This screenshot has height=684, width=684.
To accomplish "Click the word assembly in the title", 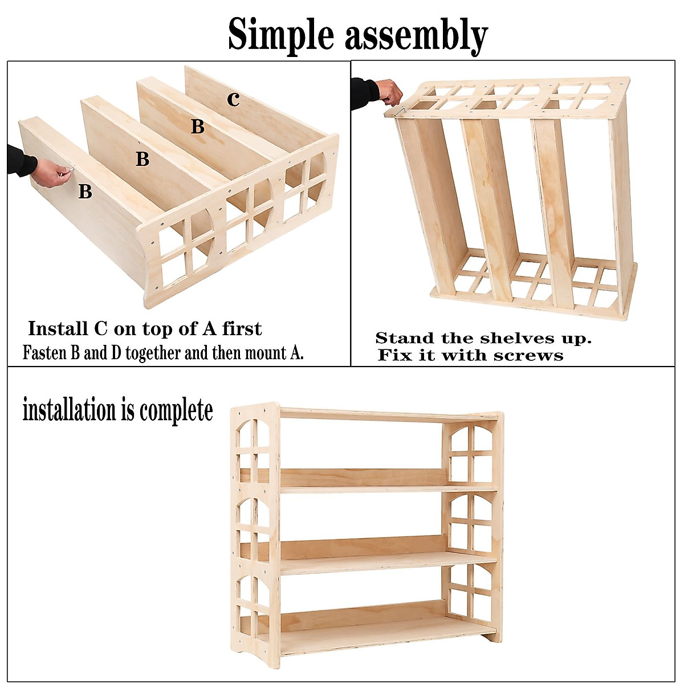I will pyautogui.click(x=416, y=35).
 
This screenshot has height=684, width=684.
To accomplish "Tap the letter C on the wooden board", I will pyautogui.click(x=233, y=99).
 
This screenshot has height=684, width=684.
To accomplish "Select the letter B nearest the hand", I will pyautogui.click(x=85, y=192).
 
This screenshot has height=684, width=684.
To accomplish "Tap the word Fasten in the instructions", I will pyautogui.click(x=45, y=353).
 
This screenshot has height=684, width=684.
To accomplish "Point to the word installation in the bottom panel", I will pyautogui.click(x=68, y=410).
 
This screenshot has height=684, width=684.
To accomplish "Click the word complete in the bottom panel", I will pyautogui.click(x=176, y=410).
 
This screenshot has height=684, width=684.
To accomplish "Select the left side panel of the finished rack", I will pyautogui.click(x=255, y=536).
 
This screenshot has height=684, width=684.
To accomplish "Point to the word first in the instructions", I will pyautogui.click(x=242, y=329).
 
